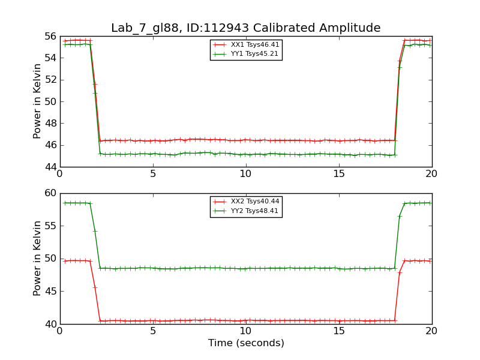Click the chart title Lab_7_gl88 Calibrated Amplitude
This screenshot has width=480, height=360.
(x=245, y=28)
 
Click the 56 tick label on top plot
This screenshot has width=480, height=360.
(x=50, y=36)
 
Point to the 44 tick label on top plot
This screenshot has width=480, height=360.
(x=50, y=167)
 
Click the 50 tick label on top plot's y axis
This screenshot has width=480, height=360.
(x=50, y=101)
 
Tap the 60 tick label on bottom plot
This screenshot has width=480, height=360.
(x=50, y=193)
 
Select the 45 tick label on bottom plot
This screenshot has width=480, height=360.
(x=50, y=292)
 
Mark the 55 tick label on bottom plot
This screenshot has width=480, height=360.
(x=50, y=226)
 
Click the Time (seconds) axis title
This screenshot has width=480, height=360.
(x=246, y=343)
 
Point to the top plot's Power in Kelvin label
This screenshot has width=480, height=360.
(x=37, y=101)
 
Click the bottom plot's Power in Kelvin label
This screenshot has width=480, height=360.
(x=37, y=259)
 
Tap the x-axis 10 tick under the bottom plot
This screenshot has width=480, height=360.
(x=246, y=331)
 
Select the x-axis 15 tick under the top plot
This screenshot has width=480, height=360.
(x=339, y=173)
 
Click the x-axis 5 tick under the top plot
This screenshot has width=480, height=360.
(x=153, y=173)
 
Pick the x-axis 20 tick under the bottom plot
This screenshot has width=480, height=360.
(x=432, y=331)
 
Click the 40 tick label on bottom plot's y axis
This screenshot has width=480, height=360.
(x=50, y=324)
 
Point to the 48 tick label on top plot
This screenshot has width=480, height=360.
(x=50, y=123)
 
